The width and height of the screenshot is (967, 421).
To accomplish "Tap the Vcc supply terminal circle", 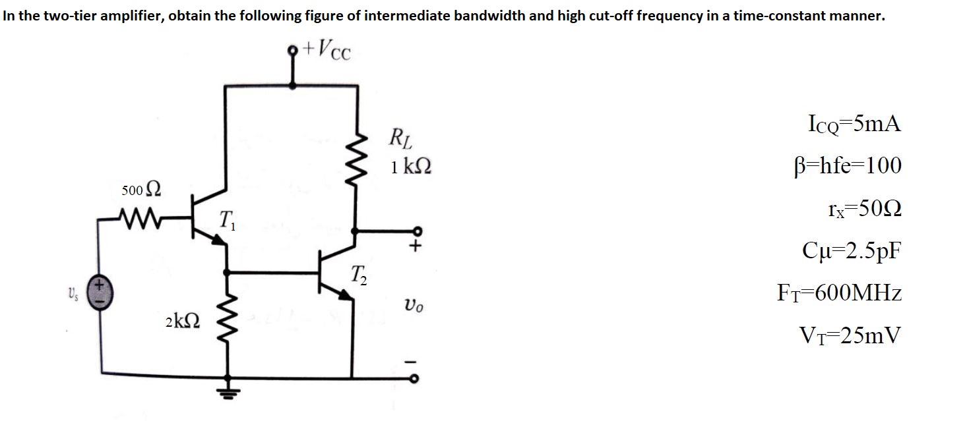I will [294, 49].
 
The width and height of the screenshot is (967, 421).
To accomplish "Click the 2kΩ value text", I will [181, 322].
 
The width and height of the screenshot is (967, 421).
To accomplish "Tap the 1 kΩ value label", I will [411, 166].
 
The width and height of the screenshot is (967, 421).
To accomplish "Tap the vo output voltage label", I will [414, 306].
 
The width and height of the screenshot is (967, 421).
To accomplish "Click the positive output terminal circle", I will [416, 231].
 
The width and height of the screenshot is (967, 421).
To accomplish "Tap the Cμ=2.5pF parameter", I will [851, 251].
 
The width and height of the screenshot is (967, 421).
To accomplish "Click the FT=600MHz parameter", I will [840, 293].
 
